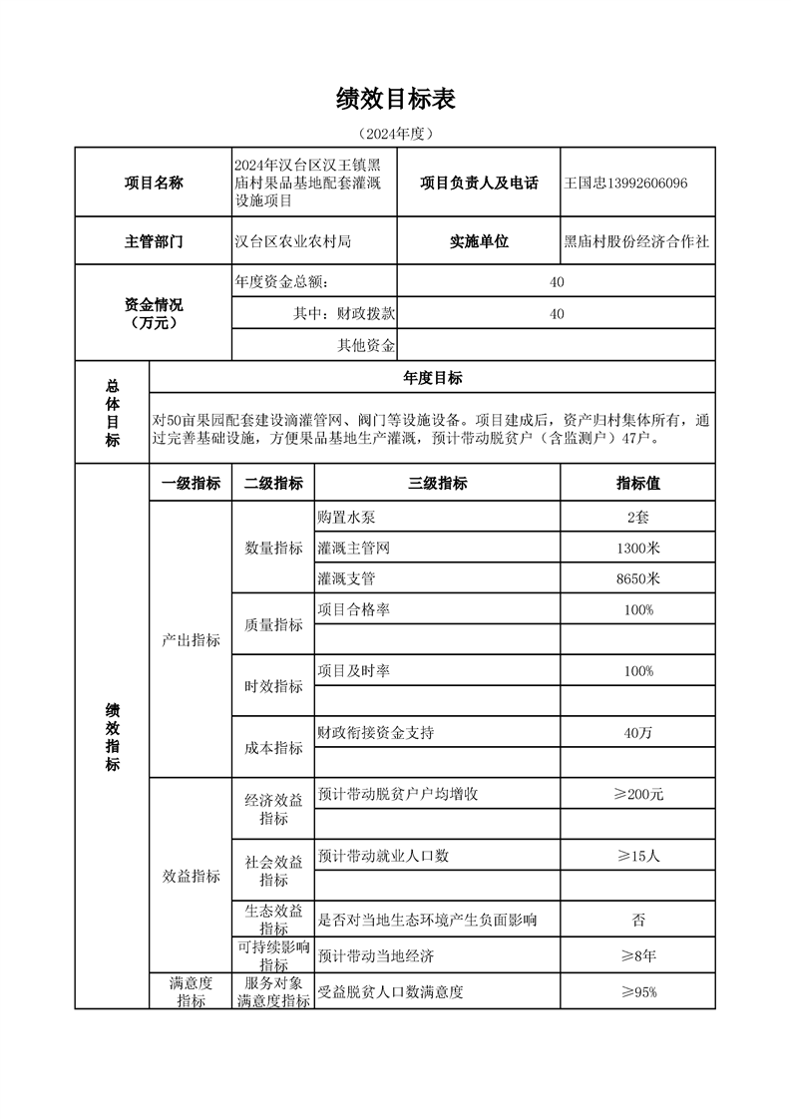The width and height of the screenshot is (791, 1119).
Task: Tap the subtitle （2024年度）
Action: pos(396,133)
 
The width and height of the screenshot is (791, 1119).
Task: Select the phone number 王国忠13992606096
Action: pos(625,184)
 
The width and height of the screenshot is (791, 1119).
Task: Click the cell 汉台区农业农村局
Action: pos(293,242)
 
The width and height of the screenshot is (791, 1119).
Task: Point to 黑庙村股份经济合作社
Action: pos(637,242)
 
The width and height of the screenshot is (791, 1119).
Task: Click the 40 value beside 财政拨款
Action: pos(557,313)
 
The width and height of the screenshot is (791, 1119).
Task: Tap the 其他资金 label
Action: pos(366,345)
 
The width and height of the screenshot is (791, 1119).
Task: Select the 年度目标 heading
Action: pos(432,378)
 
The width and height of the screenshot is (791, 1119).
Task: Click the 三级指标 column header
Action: pos(437,484)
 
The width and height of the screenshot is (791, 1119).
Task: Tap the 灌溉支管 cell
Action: pos(346,578)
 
